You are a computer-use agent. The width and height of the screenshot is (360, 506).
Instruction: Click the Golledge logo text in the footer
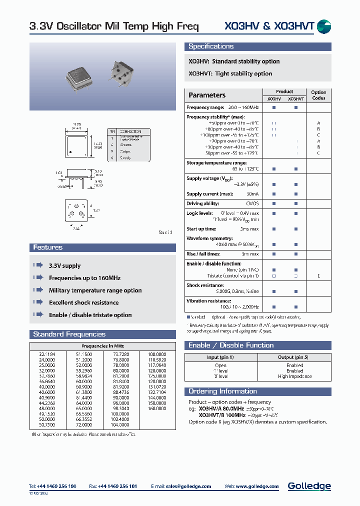(x=309, y=486)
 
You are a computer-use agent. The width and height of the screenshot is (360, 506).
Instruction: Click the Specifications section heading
(x=211, y=46)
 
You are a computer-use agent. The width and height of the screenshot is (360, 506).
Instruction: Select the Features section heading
(x=48, y=247)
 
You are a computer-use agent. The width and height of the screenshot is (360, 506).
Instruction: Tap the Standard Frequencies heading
(x=69, y=334)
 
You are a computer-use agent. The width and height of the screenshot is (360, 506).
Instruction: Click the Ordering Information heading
(x=222, y=391)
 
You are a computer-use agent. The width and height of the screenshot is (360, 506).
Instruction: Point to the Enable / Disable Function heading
(x=231, y=345)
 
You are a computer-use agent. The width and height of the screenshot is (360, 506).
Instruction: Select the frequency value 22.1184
(x=47, y=354)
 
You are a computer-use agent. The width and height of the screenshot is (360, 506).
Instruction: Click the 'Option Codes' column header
(x=318, y=95)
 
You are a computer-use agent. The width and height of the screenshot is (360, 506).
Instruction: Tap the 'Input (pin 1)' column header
(x=220, y=357)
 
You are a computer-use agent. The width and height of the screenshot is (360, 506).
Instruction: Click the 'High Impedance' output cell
(x=294, y=376)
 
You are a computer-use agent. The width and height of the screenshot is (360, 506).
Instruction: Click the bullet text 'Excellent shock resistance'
(x=83, y=302)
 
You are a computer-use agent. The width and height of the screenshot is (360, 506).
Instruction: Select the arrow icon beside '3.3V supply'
(x=38, y=265)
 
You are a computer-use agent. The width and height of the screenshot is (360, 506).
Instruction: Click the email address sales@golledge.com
(x=188, y=486)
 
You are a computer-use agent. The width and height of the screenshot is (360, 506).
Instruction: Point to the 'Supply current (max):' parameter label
(x=209, y=194)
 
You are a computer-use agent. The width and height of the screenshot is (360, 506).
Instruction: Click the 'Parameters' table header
(x=207, y=95)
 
